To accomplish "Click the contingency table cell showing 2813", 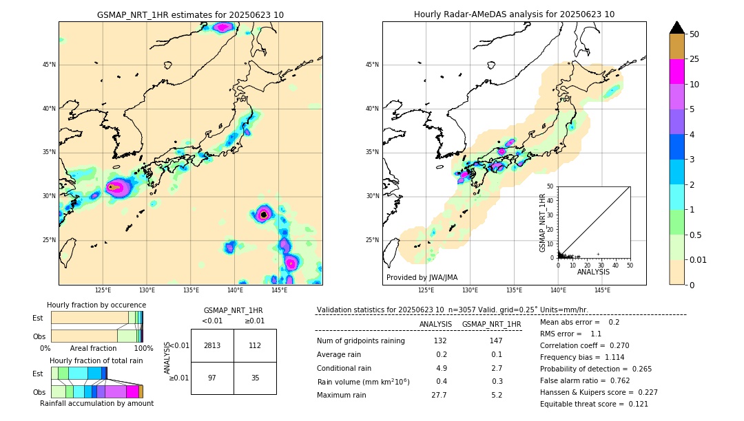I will (212, 345).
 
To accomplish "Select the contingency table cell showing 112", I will (255, 345).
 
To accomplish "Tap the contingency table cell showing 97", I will (212, 378).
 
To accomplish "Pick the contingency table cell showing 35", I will (255, 378).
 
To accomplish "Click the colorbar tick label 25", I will (694, 59).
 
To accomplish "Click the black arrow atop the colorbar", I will (677, 28).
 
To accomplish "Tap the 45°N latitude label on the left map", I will (49, 65).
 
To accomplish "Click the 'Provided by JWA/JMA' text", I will (422, 277).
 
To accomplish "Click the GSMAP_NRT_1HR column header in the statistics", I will (491, 324).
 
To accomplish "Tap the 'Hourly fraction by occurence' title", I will (96, 305).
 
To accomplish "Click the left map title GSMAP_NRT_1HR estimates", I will (190, 14).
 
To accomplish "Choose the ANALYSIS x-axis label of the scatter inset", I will (594, 272).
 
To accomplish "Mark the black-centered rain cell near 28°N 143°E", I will (264, 215).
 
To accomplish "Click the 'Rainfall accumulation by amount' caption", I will (96, 403).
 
